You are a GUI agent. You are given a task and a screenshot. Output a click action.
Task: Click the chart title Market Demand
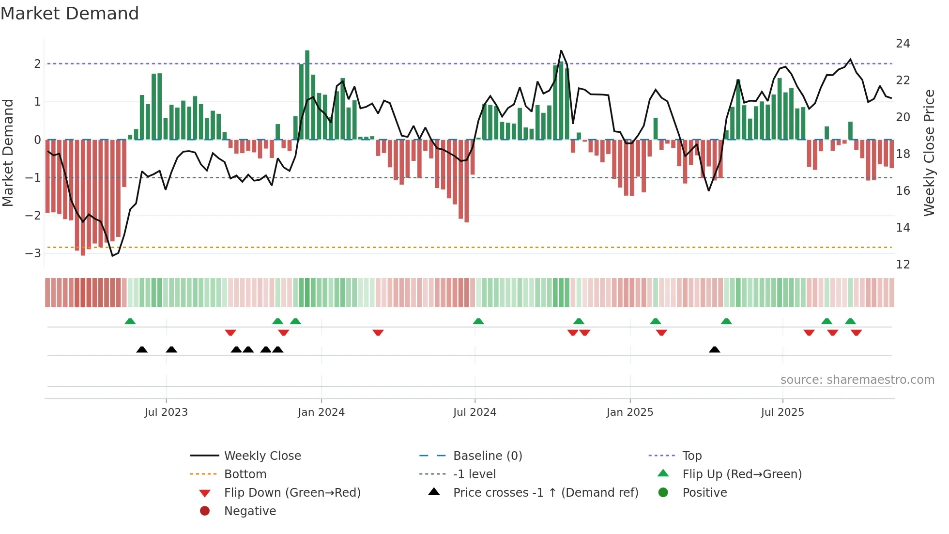70,14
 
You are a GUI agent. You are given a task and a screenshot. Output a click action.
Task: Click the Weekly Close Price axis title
929,153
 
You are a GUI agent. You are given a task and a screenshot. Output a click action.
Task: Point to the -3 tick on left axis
33,253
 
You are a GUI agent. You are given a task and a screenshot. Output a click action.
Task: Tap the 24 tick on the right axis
903,44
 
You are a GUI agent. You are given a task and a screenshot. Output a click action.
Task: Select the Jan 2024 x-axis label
321,412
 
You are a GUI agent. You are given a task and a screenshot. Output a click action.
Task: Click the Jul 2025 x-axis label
782,412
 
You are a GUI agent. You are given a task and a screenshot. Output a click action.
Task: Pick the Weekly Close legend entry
262,456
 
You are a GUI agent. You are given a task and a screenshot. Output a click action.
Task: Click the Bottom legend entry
245,474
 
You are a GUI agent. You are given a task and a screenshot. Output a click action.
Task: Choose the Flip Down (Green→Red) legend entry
292,493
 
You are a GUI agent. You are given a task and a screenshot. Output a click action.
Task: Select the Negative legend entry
250,511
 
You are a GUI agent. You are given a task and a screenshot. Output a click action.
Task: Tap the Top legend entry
692,456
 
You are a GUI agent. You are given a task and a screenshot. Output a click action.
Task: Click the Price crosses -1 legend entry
545,493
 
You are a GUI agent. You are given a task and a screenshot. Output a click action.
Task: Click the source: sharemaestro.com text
857,380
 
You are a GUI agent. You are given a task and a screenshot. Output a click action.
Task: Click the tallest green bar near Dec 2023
307,94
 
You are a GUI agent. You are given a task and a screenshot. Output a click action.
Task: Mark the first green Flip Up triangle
130,321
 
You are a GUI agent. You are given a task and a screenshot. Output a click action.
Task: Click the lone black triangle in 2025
714,349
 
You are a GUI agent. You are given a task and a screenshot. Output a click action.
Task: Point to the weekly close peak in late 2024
561,51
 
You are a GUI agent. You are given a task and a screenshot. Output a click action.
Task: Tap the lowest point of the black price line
113,255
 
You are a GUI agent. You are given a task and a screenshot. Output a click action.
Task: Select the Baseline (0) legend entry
487,456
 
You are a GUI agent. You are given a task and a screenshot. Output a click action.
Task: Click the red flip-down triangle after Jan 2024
378,332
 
